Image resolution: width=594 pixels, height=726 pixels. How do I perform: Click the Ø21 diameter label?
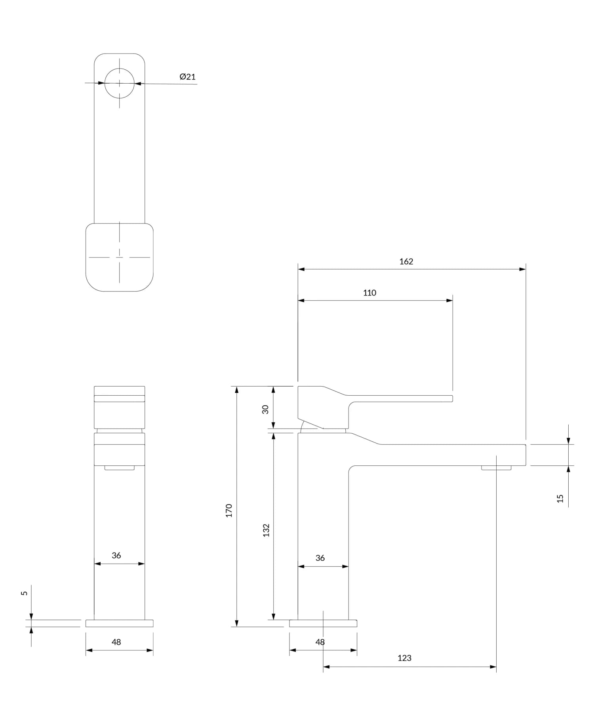[x=187, y=77]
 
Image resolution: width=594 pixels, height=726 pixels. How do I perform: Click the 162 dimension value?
[x=406, y=261]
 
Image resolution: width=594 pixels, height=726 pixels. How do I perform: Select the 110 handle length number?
[x=369, y=293]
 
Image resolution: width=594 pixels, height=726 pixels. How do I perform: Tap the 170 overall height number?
[x=229, y=511]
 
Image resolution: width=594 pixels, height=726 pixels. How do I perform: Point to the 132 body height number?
[x=266, y=530]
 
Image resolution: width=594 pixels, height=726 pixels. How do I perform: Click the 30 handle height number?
[x=265, y=409]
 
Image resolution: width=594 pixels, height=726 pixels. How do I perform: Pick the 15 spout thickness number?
[x=560, y=498]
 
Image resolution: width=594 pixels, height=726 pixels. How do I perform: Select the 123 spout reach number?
[x=404, y=658]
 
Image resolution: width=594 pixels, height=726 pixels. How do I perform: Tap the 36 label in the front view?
[x=116, y=555]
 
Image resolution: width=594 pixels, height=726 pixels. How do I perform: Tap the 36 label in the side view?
[x=320, y=558]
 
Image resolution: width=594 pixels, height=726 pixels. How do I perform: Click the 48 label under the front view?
[x=116, y=642]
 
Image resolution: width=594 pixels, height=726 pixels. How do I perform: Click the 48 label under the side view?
[x=320, y=642]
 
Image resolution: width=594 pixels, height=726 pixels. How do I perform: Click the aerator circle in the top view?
[x=120, y=83]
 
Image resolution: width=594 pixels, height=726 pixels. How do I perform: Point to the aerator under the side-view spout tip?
[x=496, y=468]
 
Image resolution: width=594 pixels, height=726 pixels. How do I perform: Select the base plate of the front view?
[x=119, y=623]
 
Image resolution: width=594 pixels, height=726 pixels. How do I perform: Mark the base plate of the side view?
[x=323, y=623]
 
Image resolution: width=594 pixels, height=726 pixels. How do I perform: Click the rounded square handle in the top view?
[x=119, y=257]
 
